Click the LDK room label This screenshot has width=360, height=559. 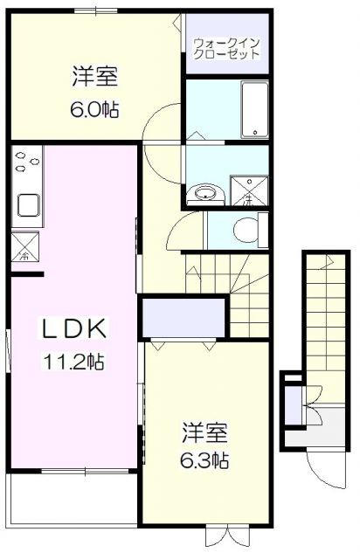pyautogui.click(x=75, y=329)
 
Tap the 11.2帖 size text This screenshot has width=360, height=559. pyautogui.click(x=75, y=361)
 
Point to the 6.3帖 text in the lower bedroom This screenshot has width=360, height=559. pyautogui.click(x=205, y=459)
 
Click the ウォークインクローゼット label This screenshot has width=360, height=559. pyautogui.click(x=226, y=48)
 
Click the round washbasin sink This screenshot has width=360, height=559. pyautogui.click(x=206, y=193)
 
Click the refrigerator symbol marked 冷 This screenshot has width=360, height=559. pyautogui.click(x=24, y=247)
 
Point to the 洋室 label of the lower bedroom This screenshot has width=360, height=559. pyautogui.click(x=205, y=431)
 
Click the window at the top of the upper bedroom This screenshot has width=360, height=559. pyautogui.click(x=97, y=10)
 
